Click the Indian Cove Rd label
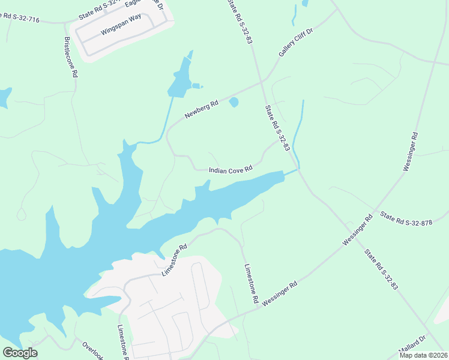[231, 170]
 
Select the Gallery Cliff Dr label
[296, 41]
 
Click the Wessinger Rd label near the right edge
[414, 152]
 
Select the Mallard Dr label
[413, 347]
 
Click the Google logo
[20, 353]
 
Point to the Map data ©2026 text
[423, 355]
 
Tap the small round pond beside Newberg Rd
[234, 103]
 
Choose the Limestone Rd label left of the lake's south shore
[175, 260]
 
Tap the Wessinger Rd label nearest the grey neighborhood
[280, 295]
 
